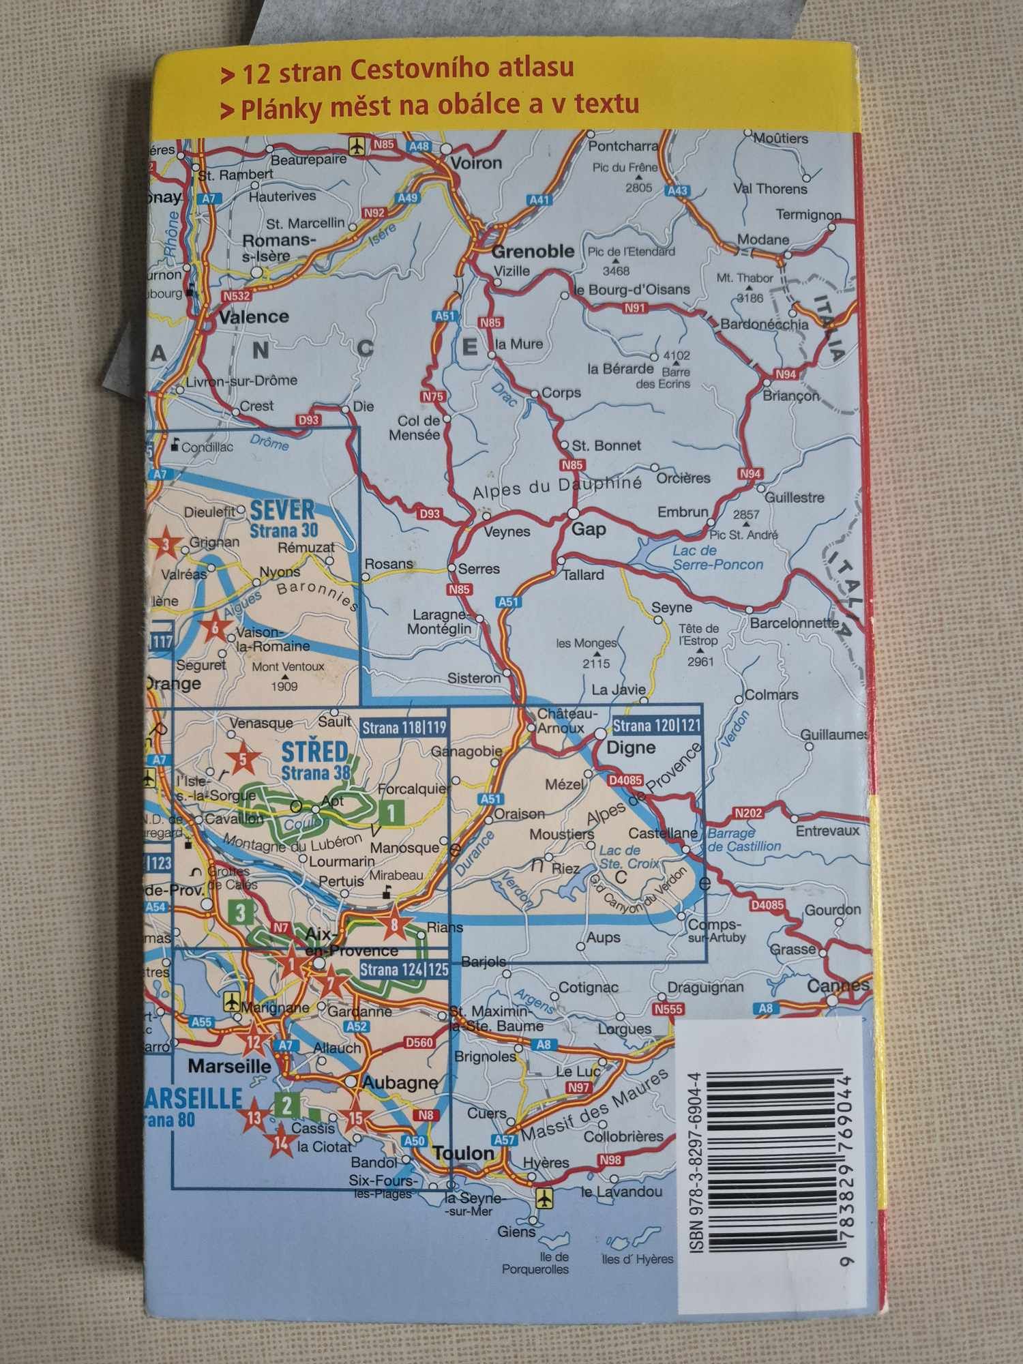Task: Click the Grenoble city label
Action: tap(533, 251)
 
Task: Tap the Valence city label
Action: tap(254, 316)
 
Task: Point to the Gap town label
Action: tap(589, 529)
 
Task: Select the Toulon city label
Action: tap(464, 1153)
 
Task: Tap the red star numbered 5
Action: tap(243, 758)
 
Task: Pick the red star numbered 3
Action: tap(166, 544)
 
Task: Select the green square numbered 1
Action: tap(392, 813)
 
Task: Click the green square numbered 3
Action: tap(240, 912)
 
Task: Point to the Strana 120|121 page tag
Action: tap(656, 726)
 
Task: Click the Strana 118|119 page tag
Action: tap(404, 728)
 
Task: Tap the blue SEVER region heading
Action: tap(282, 509)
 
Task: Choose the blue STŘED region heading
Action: tap(314, 752)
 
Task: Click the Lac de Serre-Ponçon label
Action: tap(717, 557)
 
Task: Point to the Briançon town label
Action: tap(790, 396)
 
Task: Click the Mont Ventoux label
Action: tap(288, 667)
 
